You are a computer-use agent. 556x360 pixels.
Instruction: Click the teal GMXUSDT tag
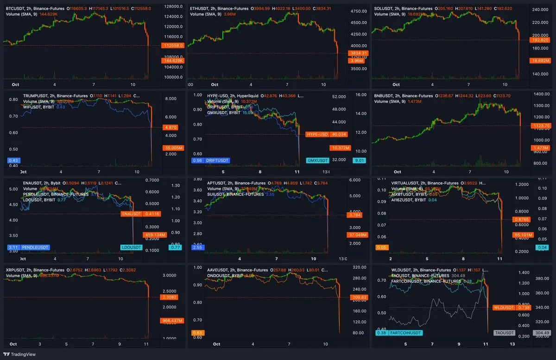point(318,161)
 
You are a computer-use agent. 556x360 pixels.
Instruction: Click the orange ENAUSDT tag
point(131,214)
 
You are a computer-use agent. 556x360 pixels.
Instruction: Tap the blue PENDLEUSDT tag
point(35,247)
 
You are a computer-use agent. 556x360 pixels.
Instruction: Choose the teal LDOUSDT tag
point(131,247)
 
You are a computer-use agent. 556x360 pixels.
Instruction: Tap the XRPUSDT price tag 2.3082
point(172,297)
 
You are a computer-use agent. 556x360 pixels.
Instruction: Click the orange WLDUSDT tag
point(504,307)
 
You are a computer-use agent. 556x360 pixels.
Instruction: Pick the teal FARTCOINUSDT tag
point(405,333)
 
